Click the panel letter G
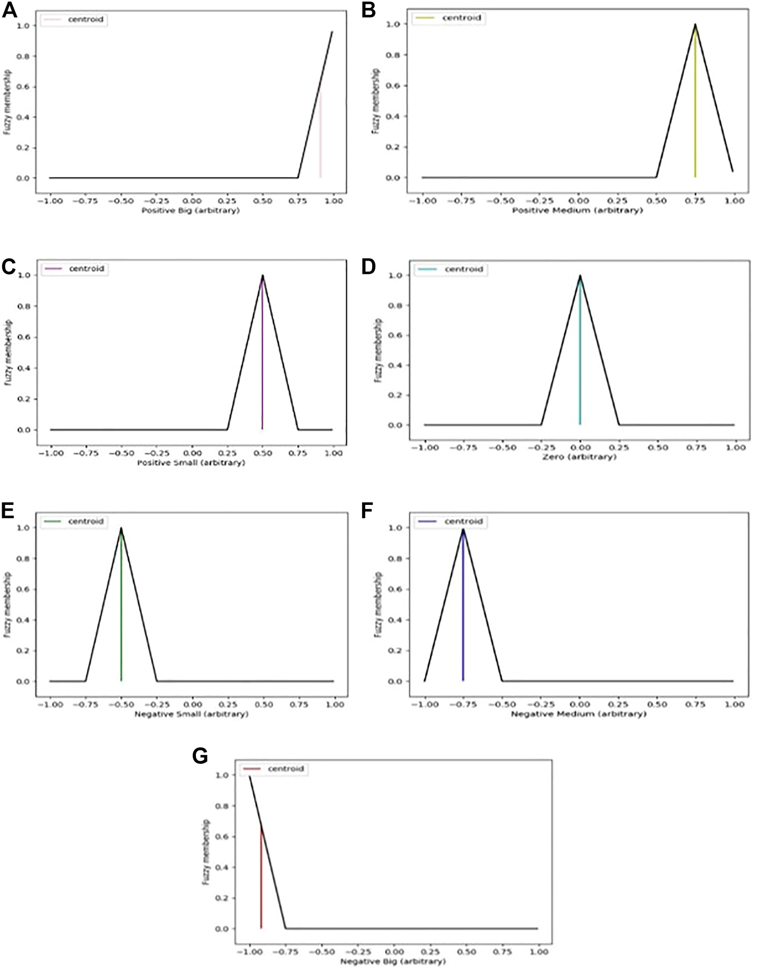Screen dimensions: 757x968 click(200, 756)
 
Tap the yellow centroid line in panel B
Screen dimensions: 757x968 click(695, 106)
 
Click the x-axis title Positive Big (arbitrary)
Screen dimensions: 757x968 click(191, 210)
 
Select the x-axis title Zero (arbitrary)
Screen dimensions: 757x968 click(579, 457)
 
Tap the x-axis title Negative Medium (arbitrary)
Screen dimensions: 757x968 click(579, 714)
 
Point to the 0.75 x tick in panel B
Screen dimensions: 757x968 click(696, 201)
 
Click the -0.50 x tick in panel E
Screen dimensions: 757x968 click(122, 705)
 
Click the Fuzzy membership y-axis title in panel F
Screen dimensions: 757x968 click(377, 604)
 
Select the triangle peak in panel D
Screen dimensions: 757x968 click(580, 275)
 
